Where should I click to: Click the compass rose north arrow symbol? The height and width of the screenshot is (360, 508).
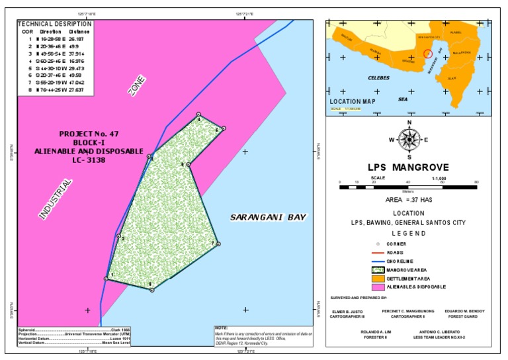(409, 138)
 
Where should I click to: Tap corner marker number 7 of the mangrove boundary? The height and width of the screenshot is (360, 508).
(218, 244)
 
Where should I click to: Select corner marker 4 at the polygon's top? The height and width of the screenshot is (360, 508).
(198, 115)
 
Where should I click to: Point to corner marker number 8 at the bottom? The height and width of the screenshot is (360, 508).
(151, 289)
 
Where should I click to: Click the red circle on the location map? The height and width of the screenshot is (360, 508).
(427, 53)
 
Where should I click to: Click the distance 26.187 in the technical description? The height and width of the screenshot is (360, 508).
(79, 39)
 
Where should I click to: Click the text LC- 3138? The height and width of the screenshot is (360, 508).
(89, 160)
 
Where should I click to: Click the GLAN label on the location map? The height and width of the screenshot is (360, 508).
(452, 78)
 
